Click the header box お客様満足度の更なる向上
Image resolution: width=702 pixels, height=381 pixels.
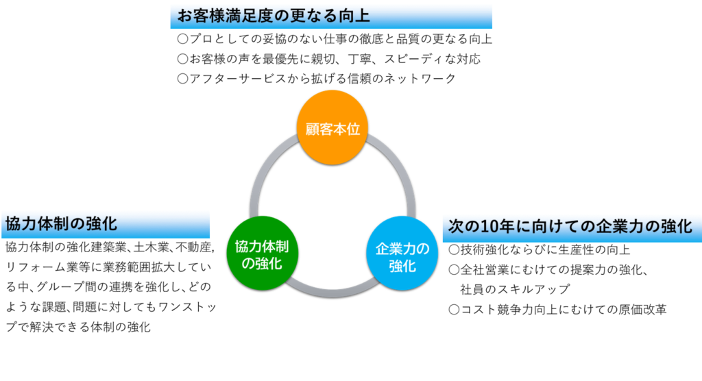331,16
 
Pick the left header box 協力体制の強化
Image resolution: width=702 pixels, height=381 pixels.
106,224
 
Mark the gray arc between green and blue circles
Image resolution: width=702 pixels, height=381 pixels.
330,291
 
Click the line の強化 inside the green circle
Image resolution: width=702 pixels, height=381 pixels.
258,263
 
